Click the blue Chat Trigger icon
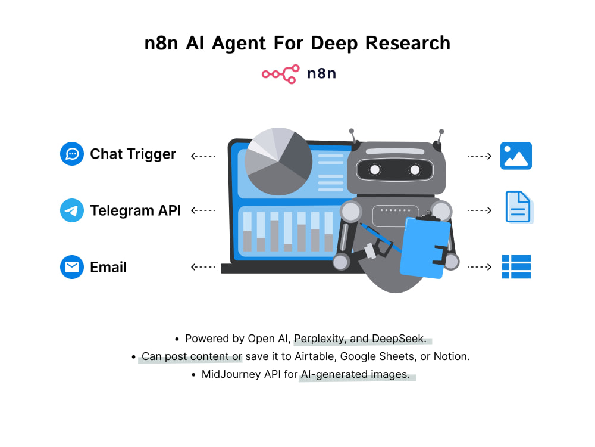[x=72, y=154]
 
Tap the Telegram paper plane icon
[x=72, y=210]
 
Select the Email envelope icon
[x=72, y=267]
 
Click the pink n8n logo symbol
[x=280, y=74]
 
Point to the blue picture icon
[x=516, y=156]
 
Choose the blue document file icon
[x=519, y=207]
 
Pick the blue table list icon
[x=516, y=267]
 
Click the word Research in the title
[x=408, y=43]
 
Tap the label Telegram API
[x=136, y=210]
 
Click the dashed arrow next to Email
[x=203, y=267]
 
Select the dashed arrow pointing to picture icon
[x=479, y=156]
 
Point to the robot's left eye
[x=374, y=169]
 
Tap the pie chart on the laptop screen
[x=278, y=161]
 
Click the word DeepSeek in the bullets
[x=399, y=339]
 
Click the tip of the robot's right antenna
[x=441, y=132]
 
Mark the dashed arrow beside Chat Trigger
[x=203, y=156]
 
